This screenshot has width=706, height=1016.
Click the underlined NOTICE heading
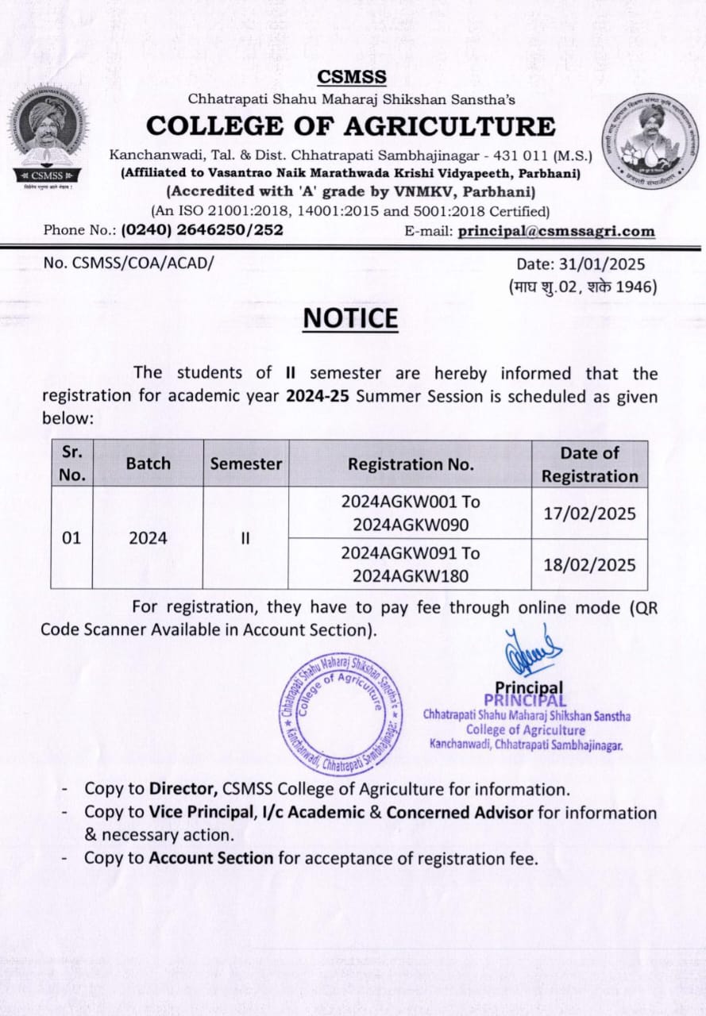(x=350, y=317)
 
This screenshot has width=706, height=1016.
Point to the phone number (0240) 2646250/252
(x=201, y=231)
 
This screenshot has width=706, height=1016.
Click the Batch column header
(x=149, y=464)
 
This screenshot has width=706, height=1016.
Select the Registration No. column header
(x=411, y=464)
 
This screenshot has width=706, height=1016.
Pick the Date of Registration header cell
(x=589, y=464)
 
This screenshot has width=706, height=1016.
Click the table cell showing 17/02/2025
(x=589, y=513)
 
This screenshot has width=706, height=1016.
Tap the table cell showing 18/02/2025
(x=589, y=564)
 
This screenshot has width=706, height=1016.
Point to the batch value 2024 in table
(x=149, y=538)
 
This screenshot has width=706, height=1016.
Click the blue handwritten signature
(x=533, y=650)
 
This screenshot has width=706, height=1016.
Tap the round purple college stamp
(x=340, y=711)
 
